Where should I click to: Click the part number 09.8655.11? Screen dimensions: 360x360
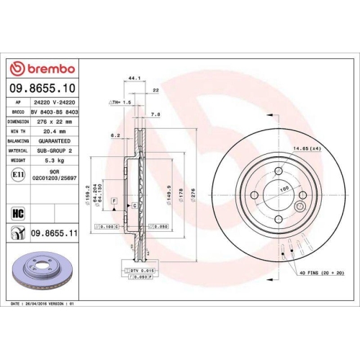point(54,233)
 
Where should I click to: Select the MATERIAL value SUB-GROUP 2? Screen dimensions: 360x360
point(55,150)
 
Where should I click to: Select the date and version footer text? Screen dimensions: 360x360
point(43,305)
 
